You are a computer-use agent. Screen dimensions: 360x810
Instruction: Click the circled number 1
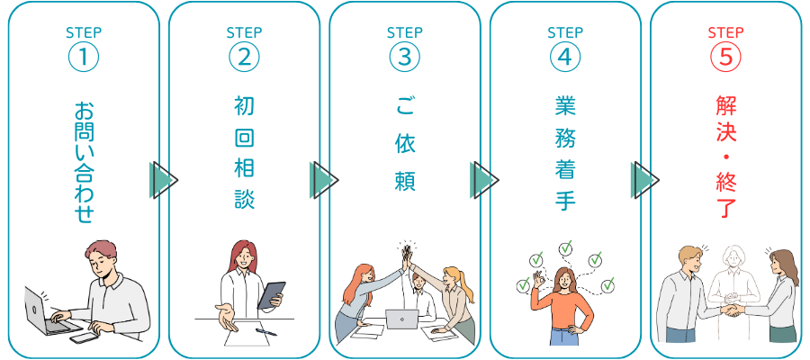83,56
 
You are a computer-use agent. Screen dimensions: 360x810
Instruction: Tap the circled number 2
244,56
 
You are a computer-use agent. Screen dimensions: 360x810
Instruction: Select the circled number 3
404,56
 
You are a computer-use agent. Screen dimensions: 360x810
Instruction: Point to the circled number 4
564,56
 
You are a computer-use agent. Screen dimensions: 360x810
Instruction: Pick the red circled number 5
725,56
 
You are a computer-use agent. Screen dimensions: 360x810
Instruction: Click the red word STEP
725,33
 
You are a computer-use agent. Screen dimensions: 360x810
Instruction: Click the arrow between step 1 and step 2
163,180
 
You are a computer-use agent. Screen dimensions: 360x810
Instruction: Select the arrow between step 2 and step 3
323,180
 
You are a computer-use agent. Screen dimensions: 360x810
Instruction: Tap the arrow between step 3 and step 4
484,180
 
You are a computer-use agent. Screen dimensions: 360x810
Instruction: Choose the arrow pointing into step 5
645,180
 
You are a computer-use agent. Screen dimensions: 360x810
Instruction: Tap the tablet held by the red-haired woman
271,295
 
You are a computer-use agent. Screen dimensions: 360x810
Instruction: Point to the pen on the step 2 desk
265,331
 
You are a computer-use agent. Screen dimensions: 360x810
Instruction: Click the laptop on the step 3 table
401,318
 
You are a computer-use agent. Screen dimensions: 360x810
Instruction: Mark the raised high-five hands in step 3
407,253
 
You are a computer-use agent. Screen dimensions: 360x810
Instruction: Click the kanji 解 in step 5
725,106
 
